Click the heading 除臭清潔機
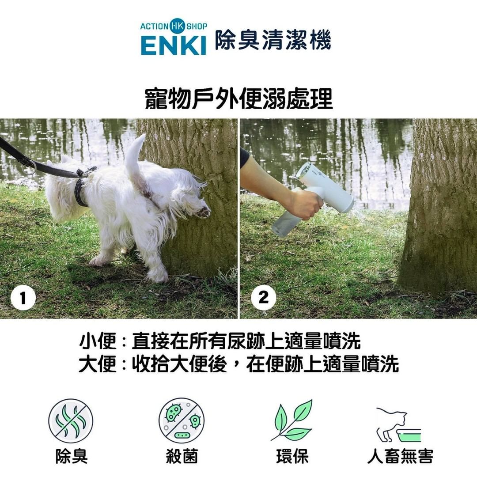(x=273, y=40)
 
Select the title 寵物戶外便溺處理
(x=238, y=99)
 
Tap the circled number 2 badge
(x=263, y=297)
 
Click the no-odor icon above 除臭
(x=71, y=421)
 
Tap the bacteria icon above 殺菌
(x=182, y=420)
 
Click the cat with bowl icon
(x=398, y=425)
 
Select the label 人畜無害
(x=400, y=456)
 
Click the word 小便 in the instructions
(x=97, y=341)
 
